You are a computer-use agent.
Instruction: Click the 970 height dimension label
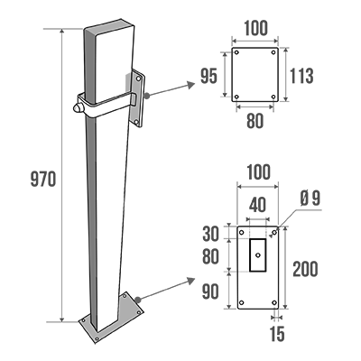43,180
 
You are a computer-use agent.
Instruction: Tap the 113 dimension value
301,76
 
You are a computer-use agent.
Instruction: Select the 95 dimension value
208,76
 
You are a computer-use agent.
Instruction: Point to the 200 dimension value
305,269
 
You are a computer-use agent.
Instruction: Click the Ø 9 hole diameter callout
310,199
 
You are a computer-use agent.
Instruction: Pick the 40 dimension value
257,205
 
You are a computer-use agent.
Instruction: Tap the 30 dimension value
210,234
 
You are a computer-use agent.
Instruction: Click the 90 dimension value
210,292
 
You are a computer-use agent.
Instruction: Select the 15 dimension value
277,334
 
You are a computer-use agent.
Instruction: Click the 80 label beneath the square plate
255,121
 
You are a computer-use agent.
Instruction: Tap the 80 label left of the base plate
210,256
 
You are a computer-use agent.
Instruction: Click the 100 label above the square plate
255,28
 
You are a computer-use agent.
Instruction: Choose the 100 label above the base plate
258,172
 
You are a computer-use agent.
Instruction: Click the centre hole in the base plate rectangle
258,255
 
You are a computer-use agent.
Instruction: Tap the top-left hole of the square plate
236,52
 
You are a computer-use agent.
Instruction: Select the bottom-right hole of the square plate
273,97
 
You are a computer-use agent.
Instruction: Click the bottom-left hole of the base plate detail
242,302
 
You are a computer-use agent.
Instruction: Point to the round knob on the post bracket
77,108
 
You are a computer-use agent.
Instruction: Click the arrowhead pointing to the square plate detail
190,85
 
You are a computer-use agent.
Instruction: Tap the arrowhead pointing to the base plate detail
190,281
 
